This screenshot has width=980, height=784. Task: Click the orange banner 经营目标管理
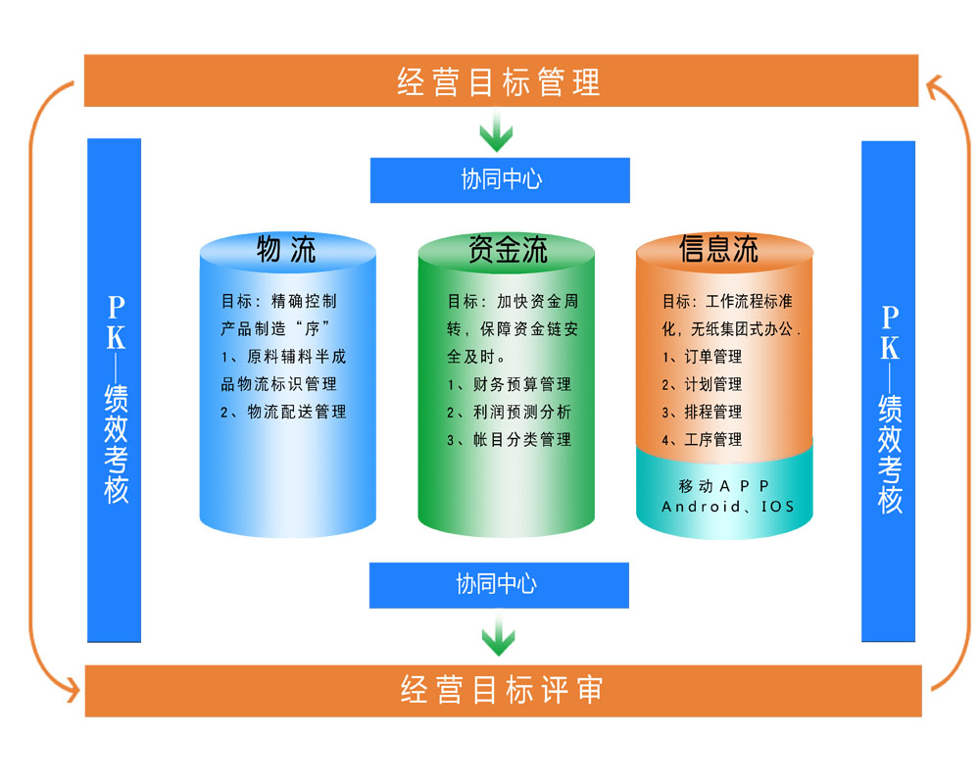pyautogui.click(x=500, y=81)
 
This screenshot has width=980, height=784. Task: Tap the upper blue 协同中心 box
pyautogui.click(x=500, y=179)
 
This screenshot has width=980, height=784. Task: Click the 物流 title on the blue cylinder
pyautogui.click(x=286, y=249)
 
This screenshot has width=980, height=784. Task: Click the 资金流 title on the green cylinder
pyautogui.click(x=507, y=249)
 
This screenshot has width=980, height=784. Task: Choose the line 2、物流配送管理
pyautogui.click(x=283, y=412)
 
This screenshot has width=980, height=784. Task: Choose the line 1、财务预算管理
pyautogui.click(x=509, y=384)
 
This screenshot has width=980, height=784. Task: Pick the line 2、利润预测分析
pyautogui.click(x=509, y=412)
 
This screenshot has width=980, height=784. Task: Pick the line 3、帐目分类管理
pyautogui.click(x=509, y=439)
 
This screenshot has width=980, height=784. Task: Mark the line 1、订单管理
pyautogui.click(x=702, y=357)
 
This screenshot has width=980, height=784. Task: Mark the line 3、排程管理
pyautogui.click(x=702, y=412)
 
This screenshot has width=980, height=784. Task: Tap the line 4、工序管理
pyautogui.click(x=702, y=439)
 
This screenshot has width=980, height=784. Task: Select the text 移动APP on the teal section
pyautogui.click(x=724, y=486)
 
